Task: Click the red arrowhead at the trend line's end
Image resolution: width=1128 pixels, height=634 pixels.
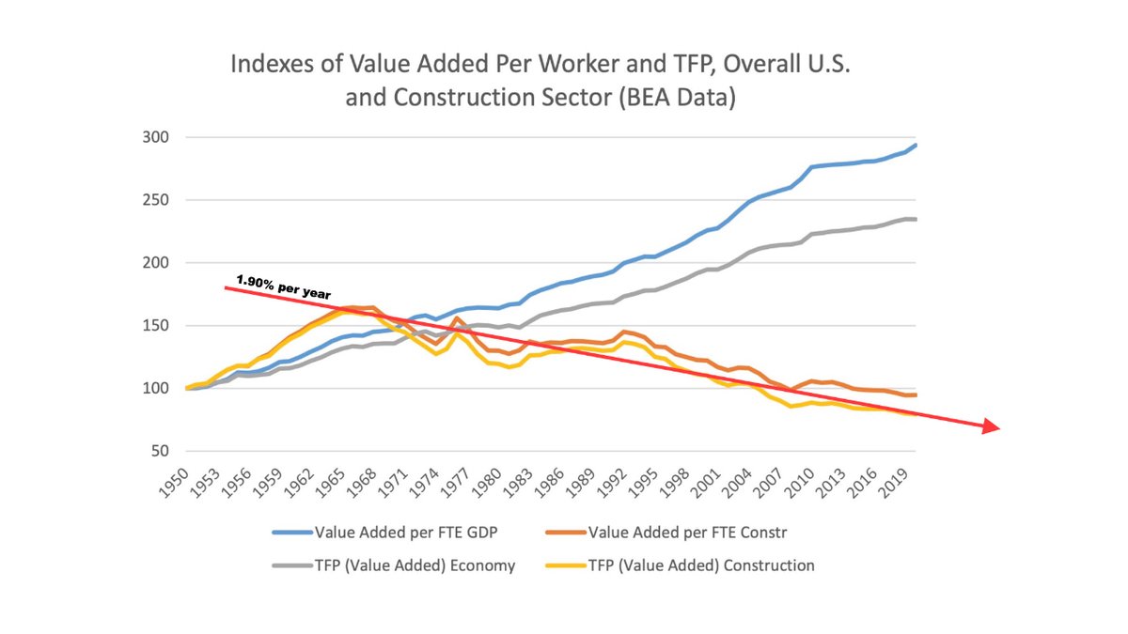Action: pyautogui.click(x=990, y=427)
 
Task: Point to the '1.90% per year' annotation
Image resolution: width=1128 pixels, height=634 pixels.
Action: pyautogui.click(x=283, y=286)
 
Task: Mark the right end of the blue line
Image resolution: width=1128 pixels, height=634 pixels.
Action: pyautogui.click(x=916, y=145)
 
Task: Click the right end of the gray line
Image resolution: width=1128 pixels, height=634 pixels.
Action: pyautogui.click(x=916, y=219)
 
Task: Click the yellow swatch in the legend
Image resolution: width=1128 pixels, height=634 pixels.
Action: pyautogui.click(x=563, y=565)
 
